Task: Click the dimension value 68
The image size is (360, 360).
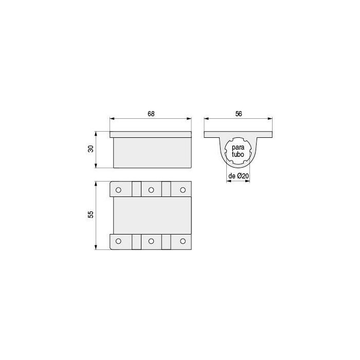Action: click(151, 114)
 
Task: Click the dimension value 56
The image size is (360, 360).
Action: click(239, 114)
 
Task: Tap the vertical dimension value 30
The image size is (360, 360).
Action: click(91, 149)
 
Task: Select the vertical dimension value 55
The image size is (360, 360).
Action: click(91, 214)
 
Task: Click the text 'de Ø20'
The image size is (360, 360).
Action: click(239, 176)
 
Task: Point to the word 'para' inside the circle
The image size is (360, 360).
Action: click(238, 148)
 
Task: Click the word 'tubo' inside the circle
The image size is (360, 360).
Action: click(238, 154)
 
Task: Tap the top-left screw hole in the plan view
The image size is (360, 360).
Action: click(118, 190)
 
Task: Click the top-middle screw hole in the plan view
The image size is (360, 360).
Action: click(151, 190)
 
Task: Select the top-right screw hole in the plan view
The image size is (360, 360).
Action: click(183, 190)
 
